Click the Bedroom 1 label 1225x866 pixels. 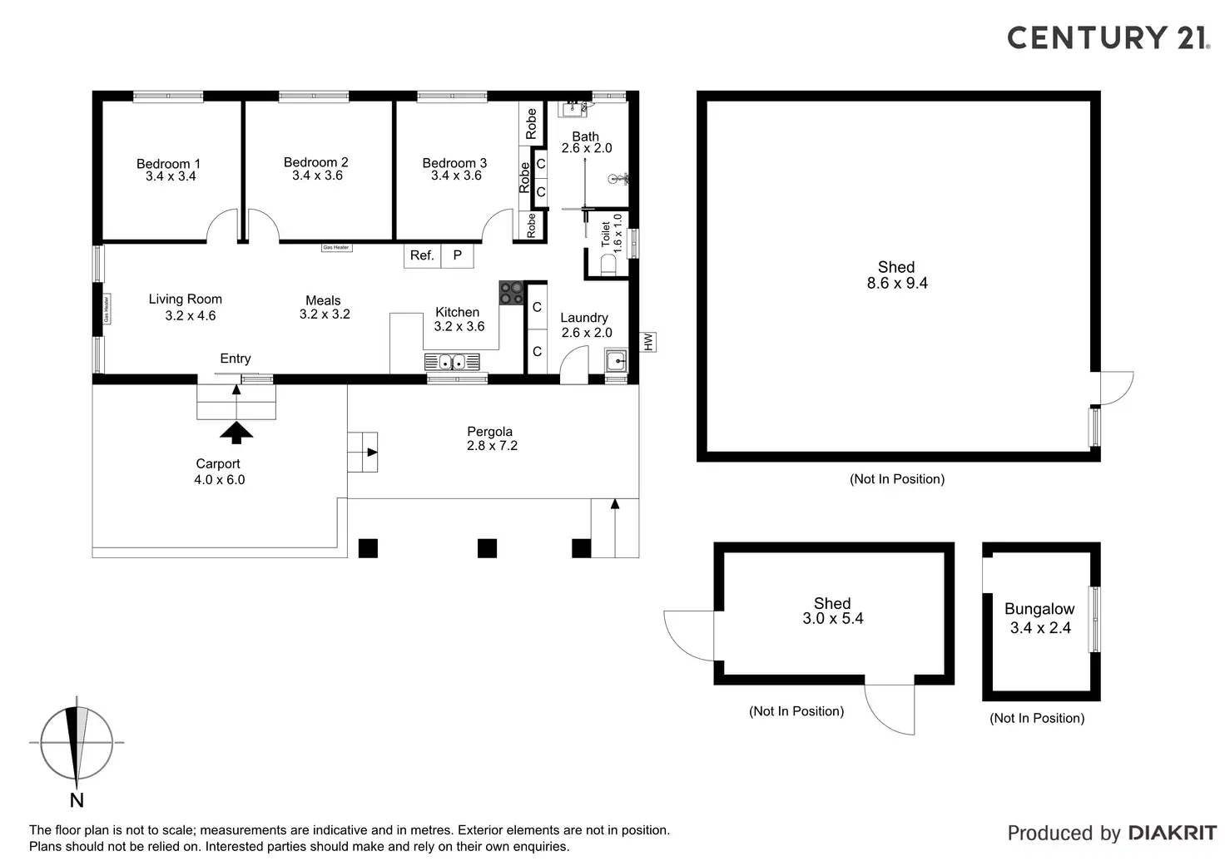click(x=168, y=164)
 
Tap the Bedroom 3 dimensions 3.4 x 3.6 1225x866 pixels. click(x=456, y=176)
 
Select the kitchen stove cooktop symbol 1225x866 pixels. click(x=511, y=293)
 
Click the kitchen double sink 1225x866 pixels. click(x=452, y=362)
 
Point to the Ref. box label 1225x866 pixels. click(x=422, y=255)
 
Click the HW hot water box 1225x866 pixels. click(x=647, y=341)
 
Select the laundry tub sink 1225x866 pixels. click(x=616, y=361)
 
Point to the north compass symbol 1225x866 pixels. click(x=77, y=743)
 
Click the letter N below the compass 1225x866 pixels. click(x=77, y=800)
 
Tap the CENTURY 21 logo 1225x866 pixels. click(x=1108, y=37)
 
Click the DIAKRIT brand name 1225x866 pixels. click(x=1172, y=833)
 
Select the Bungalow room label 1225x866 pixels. click(x=1039, y=609)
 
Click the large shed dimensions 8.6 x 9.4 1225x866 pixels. click(x=897, y=283)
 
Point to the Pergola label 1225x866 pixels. click(x=489, y=432)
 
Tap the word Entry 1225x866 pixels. click(x=236, y=359)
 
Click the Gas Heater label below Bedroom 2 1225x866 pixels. click(x=336, y=248)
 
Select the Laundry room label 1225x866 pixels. click(x=584, y=318)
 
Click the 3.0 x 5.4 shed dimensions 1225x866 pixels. click(x=832, y=619)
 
